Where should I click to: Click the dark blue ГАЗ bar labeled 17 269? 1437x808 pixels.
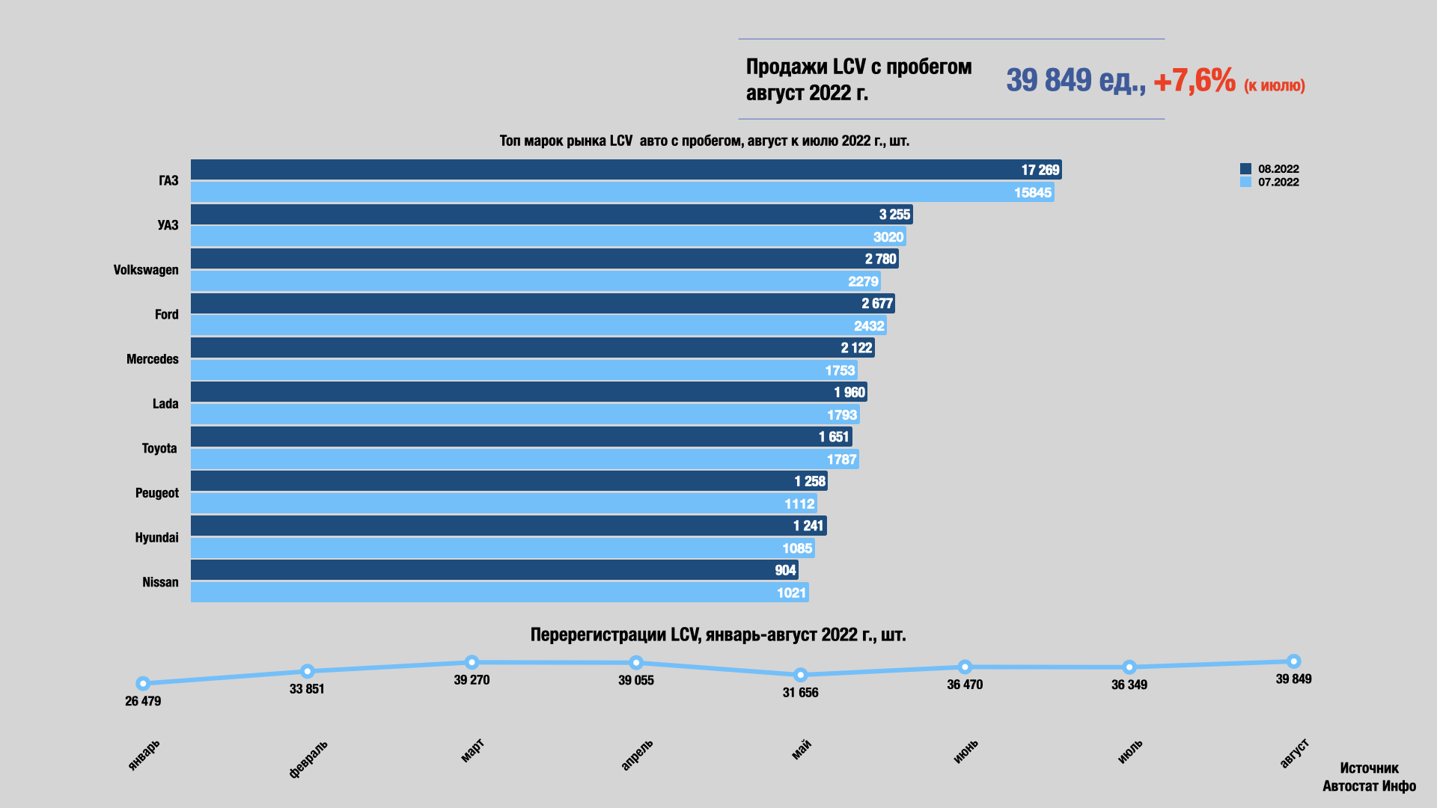pos(626,170)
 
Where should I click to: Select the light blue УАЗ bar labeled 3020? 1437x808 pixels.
pos(548,237)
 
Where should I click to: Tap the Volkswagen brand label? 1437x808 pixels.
pos(146,270)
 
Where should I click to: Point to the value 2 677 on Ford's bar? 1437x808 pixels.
pos(876,304)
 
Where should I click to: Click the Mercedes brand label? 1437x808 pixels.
pos(153,359)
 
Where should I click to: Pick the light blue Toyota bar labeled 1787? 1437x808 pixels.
pos(524,459)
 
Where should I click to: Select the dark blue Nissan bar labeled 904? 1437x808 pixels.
pos(494,570)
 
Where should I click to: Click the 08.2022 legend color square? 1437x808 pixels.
pos(1245,169)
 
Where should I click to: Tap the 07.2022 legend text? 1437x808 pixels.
pos(1278,183)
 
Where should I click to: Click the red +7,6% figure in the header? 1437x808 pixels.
pos(1195,81)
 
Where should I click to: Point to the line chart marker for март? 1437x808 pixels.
pos(472,662)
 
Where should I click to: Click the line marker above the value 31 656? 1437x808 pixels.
pos(800,675)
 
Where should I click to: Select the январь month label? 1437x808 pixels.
pos(144,755)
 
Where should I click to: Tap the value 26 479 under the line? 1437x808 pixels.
pos(143,701)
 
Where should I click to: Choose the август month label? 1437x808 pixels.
pos(1294,753)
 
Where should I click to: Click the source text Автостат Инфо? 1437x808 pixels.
pos(1369,786)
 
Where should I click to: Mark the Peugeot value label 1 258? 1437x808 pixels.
pos(810,482)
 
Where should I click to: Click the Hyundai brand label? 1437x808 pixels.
pos(156,538)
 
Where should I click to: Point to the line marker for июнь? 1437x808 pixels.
pos(965,667)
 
